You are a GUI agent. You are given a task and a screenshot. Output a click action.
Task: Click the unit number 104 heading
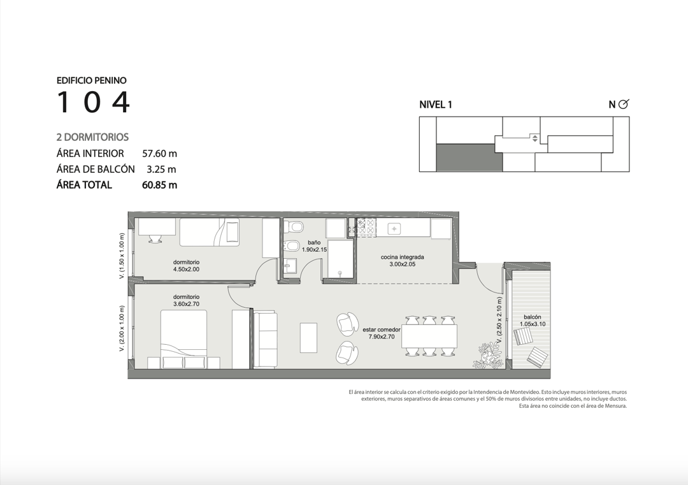(x=94, y=102)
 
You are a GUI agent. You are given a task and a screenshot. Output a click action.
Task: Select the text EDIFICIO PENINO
(x=92, y=80)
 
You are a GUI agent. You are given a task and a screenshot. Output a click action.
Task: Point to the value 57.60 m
(x=160, y=154)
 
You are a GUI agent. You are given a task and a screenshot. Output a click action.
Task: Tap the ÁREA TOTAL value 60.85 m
(x=160, y=185)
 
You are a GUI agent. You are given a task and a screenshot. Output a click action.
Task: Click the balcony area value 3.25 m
(x=161, y=170)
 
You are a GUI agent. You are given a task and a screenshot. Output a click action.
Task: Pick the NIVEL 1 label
(x=436, y=105)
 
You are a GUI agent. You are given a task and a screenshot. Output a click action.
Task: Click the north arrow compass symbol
(x=623, y=104)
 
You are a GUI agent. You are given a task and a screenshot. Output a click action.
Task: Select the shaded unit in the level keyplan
(x=469, y=158)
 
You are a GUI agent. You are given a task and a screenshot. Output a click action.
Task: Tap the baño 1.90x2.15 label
(x=314, y=246)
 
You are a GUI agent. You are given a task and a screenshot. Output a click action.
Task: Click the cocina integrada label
(x=403, y=261)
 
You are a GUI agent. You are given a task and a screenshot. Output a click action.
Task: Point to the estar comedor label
(x=382, y=333)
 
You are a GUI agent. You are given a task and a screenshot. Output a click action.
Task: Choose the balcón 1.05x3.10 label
(x=532, y=321)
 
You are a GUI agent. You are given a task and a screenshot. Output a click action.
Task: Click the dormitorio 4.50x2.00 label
(x=186, y=266)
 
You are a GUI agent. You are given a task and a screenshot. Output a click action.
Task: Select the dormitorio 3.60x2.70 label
(x=186, y=300)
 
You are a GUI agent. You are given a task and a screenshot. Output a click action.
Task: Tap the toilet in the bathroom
(x=294, y=227)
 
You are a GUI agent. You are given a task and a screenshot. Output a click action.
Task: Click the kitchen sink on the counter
(x=394, y=229)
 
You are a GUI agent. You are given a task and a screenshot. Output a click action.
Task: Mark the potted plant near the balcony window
(x=488, y=355)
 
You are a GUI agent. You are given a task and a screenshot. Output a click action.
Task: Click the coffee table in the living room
(x=308, y=338)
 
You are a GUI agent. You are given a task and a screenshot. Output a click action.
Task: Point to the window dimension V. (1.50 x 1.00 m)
(x=122, y=256)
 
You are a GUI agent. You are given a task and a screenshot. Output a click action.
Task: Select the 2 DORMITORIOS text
(x=92, y=138)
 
